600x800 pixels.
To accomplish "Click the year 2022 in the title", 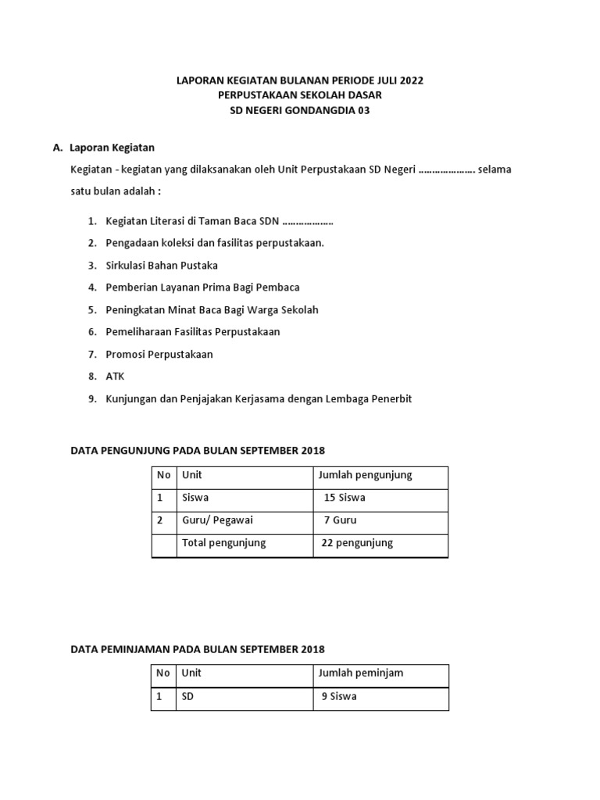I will (412, 80).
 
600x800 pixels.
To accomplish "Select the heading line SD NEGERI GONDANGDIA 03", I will (299, 110).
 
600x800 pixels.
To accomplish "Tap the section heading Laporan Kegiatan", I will (112, 147).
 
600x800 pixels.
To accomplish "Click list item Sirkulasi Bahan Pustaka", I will (162, 265).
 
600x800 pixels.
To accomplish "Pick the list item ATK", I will (115, 377).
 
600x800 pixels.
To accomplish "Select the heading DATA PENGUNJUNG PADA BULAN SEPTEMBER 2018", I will (197, 451).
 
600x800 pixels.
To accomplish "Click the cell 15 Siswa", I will (345, 498).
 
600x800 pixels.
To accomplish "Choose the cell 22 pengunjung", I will (357, 543).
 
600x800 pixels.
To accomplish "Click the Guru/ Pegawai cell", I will (217, 520).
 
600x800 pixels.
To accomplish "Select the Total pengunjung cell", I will (223, 543).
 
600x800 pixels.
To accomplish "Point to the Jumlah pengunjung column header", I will (365, 475).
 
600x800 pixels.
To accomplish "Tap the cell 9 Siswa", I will (339, 696).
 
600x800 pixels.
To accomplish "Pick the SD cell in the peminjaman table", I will (188, 696).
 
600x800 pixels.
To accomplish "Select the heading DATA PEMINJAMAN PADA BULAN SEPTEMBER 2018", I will (197, 649).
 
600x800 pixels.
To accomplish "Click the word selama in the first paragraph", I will (495, 169).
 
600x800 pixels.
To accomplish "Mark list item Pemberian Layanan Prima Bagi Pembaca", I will (202, 287).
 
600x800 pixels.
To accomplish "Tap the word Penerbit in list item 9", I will (390, 398).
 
